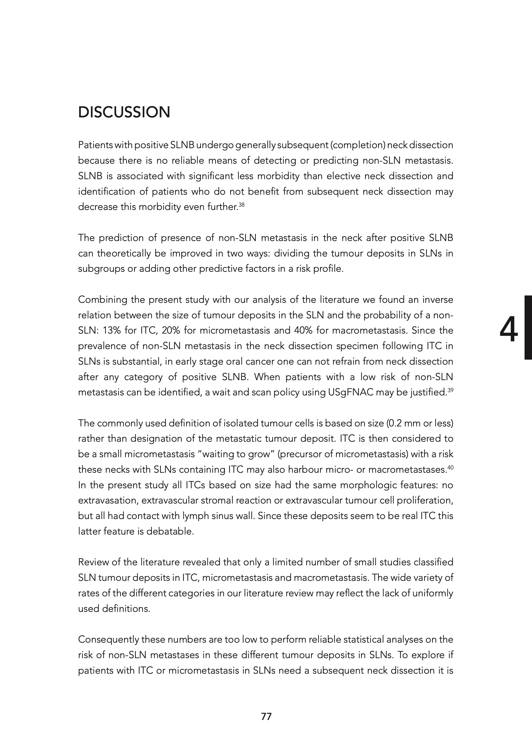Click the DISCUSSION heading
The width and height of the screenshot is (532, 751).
pos(124,112)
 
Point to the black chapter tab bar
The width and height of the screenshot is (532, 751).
pos(528,328)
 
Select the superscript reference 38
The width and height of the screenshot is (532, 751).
pos(241,205)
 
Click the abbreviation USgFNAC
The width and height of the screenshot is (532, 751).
pos(351,392)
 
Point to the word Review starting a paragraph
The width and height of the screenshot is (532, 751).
pos(93,562)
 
